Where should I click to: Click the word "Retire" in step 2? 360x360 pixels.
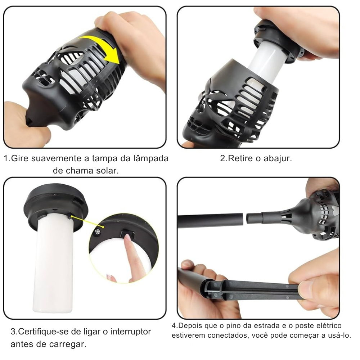(x=240, y=158)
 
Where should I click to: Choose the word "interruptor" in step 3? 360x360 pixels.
(x=131, y=332)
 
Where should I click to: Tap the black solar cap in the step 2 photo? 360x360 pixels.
(x=278, y=41)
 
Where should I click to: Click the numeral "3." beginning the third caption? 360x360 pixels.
(x=14, y=332)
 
